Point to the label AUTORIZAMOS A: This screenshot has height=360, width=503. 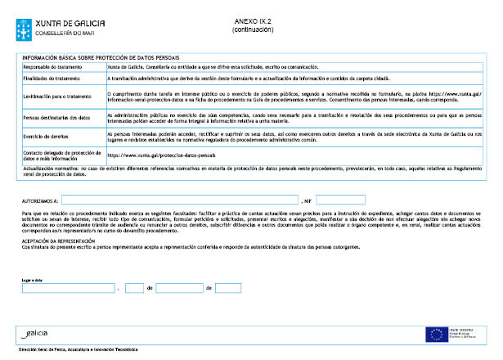(38, 200)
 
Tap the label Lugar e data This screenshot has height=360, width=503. (34, 279)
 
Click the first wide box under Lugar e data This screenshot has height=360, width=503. (69, 288)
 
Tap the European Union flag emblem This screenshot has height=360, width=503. (434, 333)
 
